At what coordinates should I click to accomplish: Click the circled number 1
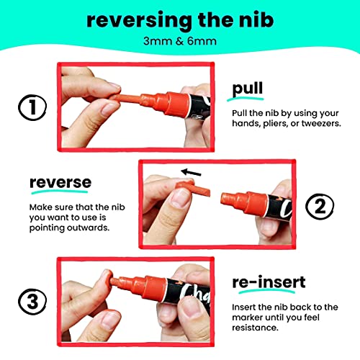32,107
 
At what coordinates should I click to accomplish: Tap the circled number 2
320,207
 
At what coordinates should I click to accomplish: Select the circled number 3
32,302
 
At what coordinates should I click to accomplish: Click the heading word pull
248,89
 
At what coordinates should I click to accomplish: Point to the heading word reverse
60,182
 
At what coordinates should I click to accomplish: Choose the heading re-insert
269,282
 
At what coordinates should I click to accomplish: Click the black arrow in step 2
191,172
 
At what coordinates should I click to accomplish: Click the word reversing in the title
139,22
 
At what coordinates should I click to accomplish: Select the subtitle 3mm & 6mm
180,41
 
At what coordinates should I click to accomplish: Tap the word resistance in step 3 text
255,328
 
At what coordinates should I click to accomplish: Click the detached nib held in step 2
192,189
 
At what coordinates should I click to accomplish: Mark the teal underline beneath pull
246,99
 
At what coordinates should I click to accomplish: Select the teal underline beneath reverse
60,192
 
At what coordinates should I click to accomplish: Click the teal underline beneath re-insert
266,291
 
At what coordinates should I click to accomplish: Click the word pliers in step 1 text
275,124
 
